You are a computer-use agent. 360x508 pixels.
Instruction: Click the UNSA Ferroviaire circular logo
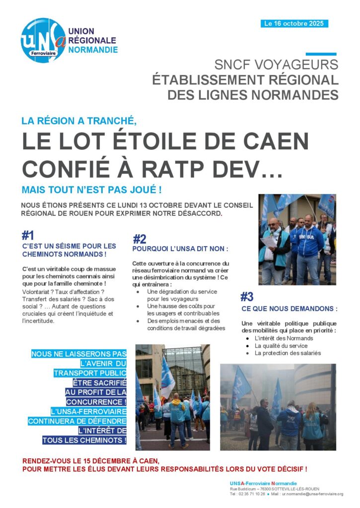point(43,40)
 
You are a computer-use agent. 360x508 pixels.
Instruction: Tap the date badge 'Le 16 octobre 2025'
point(294,23)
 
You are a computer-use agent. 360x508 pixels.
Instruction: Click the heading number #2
point(140,239)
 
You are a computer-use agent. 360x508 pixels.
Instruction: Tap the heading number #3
point(247,297)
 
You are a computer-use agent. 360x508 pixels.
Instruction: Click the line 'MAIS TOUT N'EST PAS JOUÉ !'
point(92,190)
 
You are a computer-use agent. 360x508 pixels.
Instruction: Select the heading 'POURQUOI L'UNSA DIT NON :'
point(180,249)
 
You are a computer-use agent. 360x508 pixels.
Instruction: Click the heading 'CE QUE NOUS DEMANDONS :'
point(289,309)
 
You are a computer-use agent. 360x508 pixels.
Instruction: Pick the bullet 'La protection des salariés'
point(288,353)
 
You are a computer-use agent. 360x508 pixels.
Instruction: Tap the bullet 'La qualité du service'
point(281,346)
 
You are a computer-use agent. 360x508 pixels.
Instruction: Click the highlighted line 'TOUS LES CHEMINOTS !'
point(84,440)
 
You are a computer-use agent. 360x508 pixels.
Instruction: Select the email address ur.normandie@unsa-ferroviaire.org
point(313,494)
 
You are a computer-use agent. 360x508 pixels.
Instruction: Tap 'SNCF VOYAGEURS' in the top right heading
point(276,64)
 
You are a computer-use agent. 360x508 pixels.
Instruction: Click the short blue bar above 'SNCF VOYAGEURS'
point(321,54)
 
